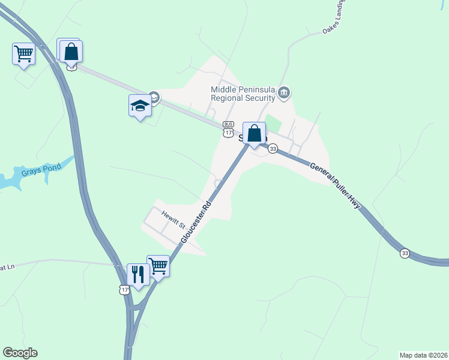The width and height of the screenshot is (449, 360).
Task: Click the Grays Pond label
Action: point(38,172)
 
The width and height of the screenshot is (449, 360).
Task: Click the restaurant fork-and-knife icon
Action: point(138,275)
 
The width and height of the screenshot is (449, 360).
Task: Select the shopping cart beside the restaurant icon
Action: point(158,266)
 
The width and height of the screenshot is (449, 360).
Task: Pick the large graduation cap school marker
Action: point(140,106)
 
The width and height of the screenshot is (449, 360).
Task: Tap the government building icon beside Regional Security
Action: point(285,92)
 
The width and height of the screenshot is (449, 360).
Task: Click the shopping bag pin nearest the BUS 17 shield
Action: point(254,133)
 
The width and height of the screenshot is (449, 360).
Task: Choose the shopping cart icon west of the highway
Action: point(23,54)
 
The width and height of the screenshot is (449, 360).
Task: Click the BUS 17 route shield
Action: point(228,128)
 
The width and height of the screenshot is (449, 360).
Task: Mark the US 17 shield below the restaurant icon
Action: point(124,290)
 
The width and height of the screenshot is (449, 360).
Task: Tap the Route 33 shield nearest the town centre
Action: point(273,149)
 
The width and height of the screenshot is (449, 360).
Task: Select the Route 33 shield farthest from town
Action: point(405,254)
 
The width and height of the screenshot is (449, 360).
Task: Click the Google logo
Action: point(20,353)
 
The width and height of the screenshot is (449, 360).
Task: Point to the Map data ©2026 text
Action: point(423,355)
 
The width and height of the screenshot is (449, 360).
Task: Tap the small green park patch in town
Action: point(273,124)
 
